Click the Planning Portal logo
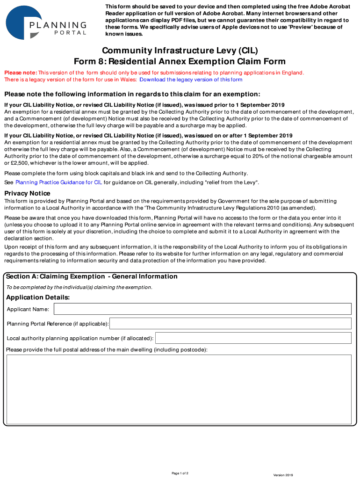point(45,22)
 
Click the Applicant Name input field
point(202,309)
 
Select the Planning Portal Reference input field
point(230,324)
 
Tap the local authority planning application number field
point(253,338)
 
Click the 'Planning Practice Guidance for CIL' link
point(58,182)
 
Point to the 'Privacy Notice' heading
point(27,193)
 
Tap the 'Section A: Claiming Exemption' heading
point(92,276)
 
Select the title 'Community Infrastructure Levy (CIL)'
point(180,51)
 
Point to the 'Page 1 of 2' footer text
point(180,473)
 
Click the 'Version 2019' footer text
point(283,475)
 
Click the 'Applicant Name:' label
point(28,310)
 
